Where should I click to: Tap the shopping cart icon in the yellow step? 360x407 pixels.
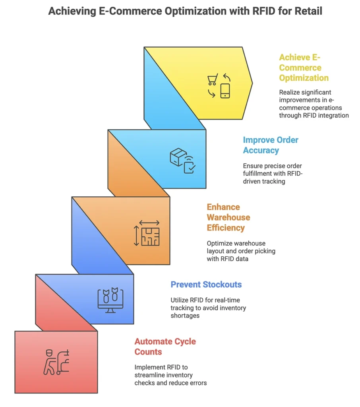[x=213, y=79]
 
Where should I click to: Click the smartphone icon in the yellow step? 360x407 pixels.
[x=225, y=91]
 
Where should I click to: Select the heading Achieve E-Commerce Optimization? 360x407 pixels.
[x=304, y=68]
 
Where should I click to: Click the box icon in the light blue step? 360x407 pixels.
[x=178, y=157]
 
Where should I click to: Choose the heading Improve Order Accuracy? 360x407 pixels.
[x=271, y=145]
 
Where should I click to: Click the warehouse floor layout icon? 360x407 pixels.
[x=150, y=236]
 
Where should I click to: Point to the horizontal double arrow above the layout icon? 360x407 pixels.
[x=149, y=223]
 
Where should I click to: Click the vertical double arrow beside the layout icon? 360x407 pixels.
[x=136, y=236]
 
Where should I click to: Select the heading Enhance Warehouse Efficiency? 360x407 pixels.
[x=228, y=217]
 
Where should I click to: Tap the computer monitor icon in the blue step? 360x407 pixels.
[x=110, y=300]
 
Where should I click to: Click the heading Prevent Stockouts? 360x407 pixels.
[x=206, y=285]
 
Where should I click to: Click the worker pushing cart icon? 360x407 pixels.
[x=56, y=362]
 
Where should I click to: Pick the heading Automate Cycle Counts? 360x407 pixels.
[x=165, y=347]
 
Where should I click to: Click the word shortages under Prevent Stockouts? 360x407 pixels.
[x=185, y=316]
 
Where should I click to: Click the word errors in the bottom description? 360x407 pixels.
[x=198, y=383]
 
